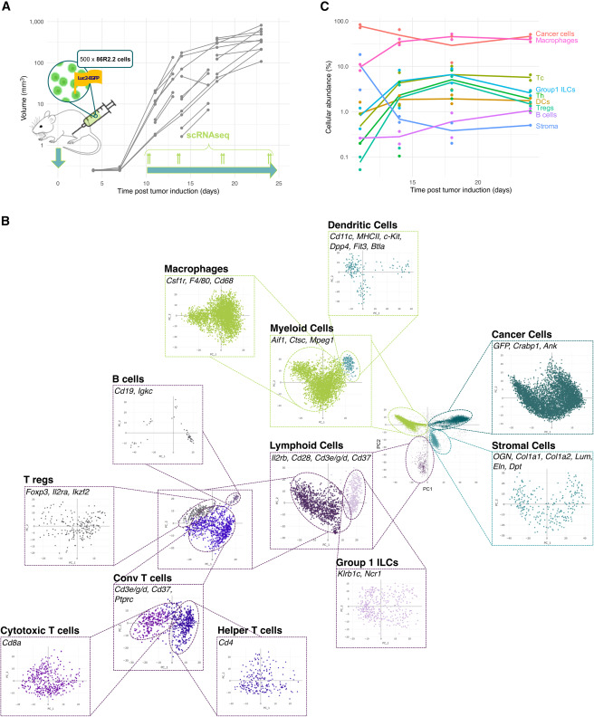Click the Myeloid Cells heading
pyautogui.click(x=306, y=327)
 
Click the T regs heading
pyautogui.click(x=44, y=479)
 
